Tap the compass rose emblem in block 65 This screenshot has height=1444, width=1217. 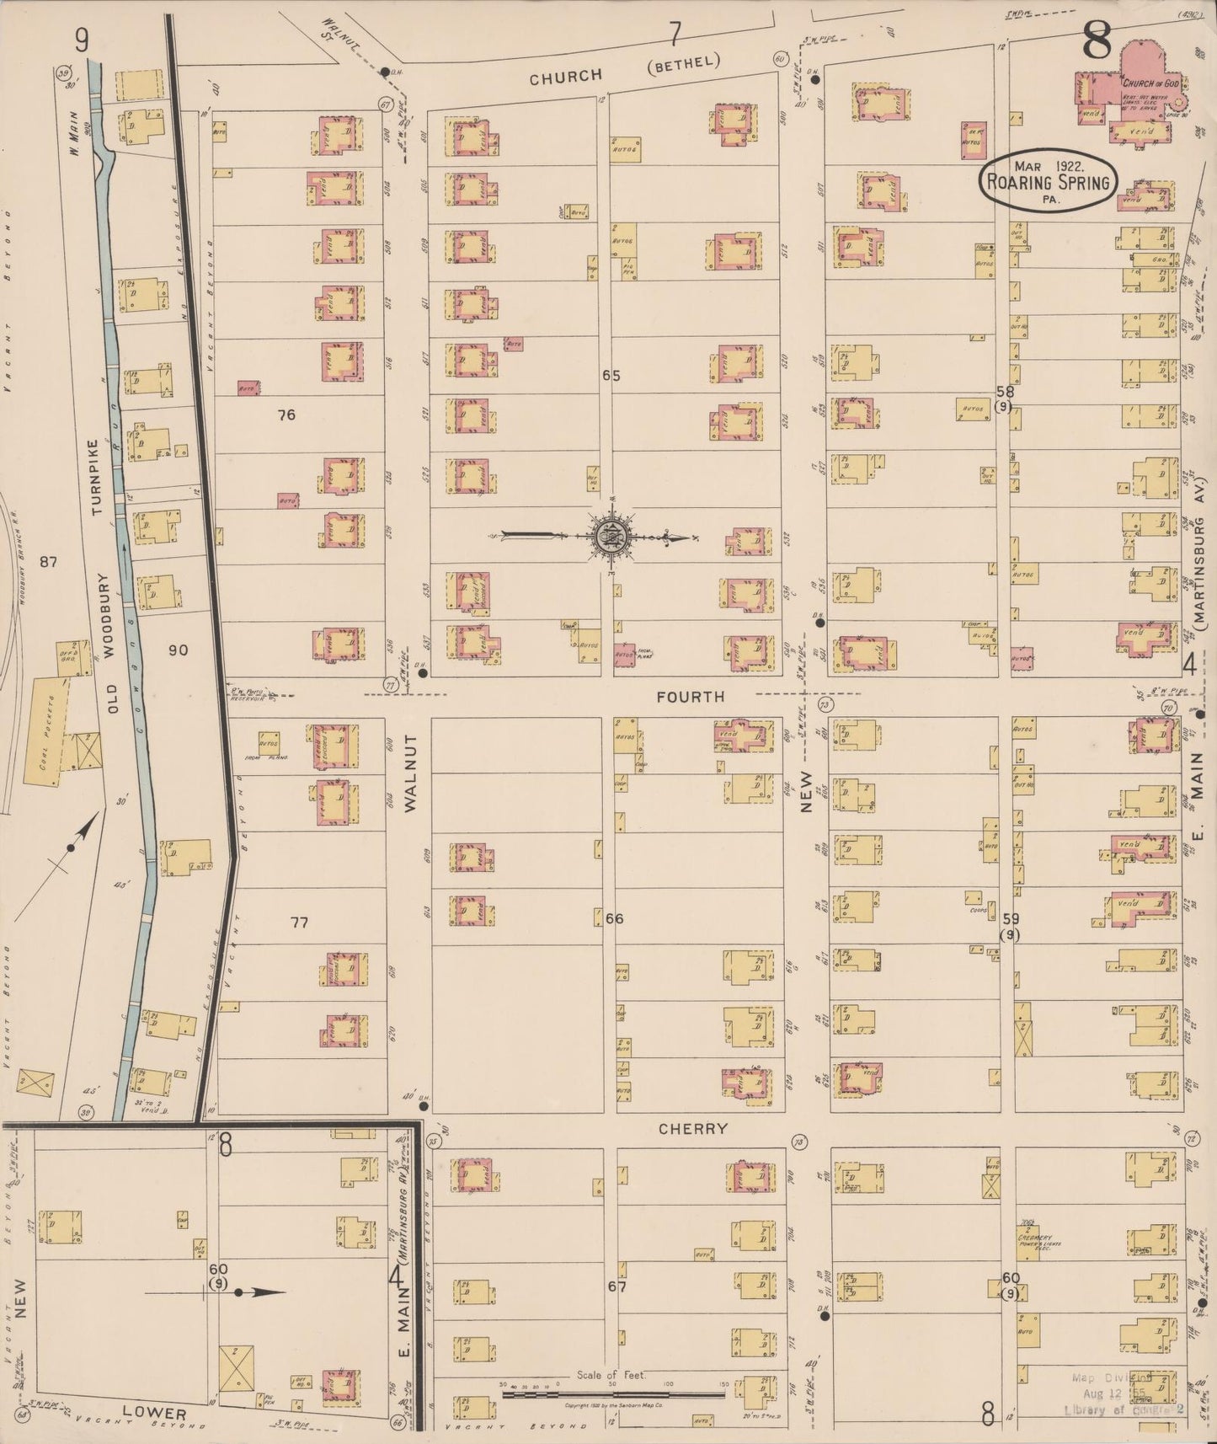607,536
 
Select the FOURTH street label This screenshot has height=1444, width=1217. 690,697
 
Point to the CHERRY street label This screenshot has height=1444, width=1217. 692,1129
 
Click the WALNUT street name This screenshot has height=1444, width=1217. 411,784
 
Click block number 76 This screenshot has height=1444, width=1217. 286,414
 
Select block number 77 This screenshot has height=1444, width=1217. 299,923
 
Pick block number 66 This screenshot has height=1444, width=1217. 614,918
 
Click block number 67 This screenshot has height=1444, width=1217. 617,1287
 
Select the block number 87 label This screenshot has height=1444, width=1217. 48,562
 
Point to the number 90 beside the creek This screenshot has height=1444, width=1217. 178,650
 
